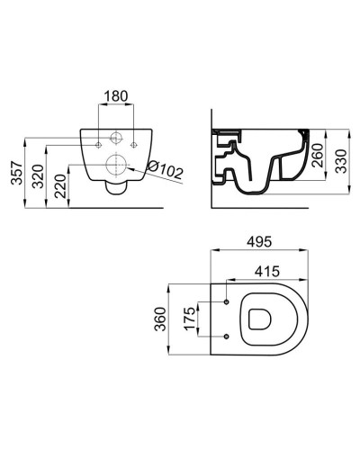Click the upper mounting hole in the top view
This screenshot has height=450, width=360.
[x=227, y=300]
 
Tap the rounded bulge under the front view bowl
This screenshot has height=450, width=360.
[x=114, y=186]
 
